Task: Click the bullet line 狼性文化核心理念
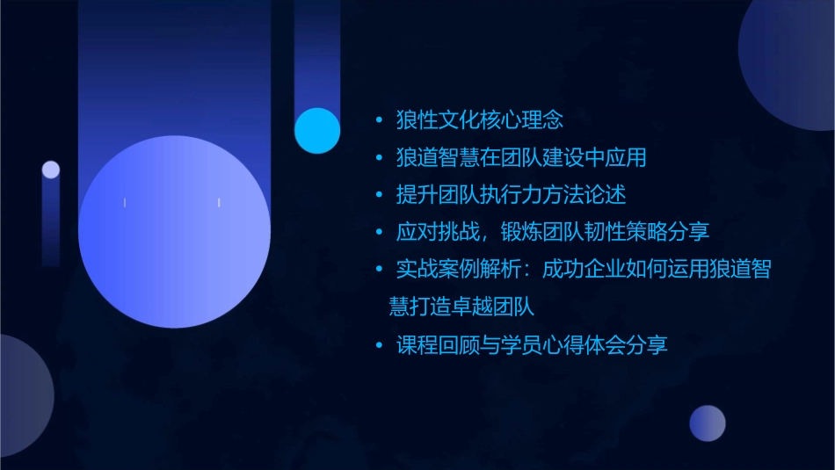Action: tap(479, 119)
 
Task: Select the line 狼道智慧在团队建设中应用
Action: tap(521, 157)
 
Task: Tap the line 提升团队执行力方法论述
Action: tap(511, 194)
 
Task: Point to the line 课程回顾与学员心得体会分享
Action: tap(532, 344)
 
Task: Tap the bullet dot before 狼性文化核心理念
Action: tap(379, 119)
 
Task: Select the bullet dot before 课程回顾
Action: tap(379, 345)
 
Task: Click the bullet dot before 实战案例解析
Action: tap(379, 270)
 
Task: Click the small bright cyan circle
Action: tap(317, 131)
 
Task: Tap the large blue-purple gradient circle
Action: tap(174, 231)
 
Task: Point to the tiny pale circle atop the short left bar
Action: tap(51, 170)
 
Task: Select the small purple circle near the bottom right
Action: tap(708, 423)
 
